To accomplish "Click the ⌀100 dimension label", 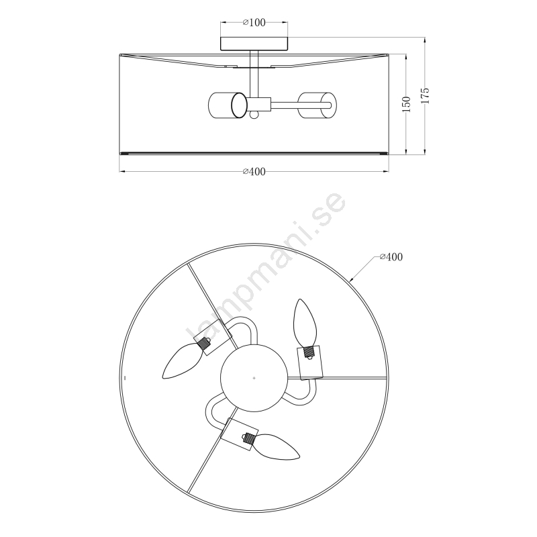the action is (254, 23).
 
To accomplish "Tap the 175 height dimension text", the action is (425, 96).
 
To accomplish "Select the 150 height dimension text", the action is (406, 105).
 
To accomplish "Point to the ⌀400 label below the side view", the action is (254, 172).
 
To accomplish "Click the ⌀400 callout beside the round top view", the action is (391, 257).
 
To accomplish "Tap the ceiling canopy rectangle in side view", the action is (254, 44).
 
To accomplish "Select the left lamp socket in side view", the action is (228, 105).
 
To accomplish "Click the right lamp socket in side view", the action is (317, 105).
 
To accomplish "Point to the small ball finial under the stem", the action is (254, 115).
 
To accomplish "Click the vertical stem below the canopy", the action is (254, 74).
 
